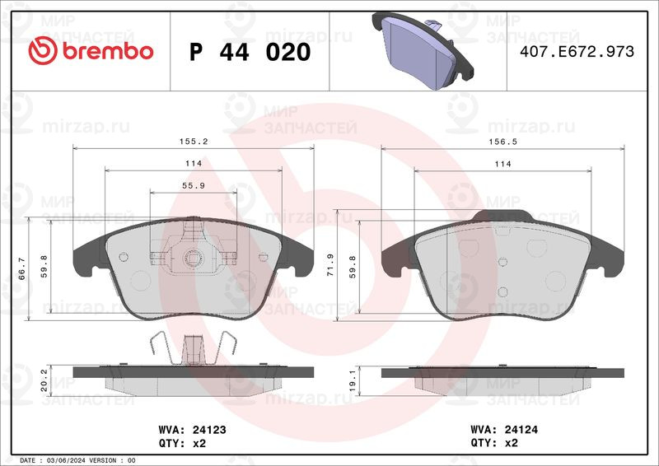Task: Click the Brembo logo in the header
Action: click(91, 51)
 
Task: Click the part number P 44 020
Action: click(250, 52)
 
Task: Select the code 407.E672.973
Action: click(577, 51)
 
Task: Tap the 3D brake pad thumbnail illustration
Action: click(423, 50)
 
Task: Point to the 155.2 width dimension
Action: click(194, 142)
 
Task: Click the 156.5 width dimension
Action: click(502, 142)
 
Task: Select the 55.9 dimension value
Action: click(194, 185)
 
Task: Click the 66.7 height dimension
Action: click(22, 269)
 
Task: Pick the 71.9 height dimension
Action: click(330, 265)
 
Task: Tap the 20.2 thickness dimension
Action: click(44, 380)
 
